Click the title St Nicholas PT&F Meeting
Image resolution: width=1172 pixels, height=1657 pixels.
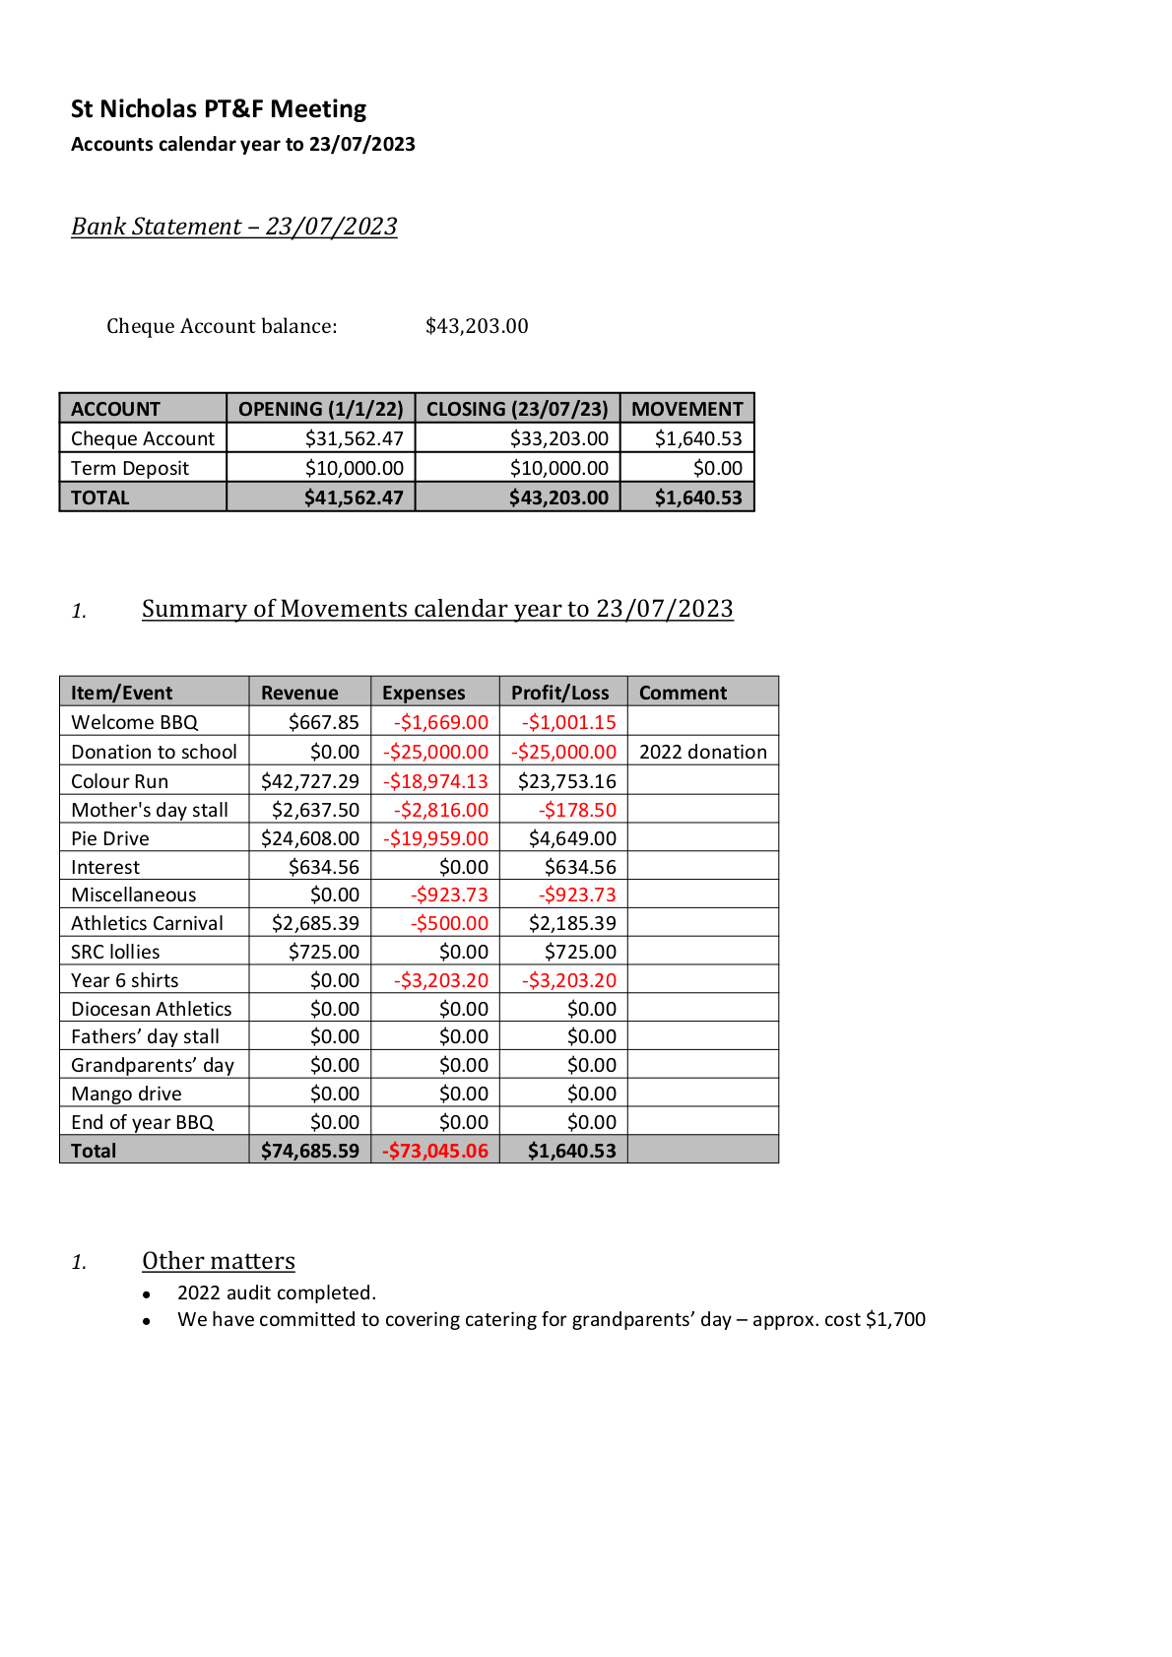tap(219, 108)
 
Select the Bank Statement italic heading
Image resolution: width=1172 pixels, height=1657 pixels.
tap(234, 227)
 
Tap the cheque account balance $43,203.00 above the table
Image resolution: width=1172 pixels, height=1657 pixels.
tap(477, 326)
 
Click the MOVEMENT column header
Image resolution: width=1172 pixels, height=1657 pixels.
tap(686, 409)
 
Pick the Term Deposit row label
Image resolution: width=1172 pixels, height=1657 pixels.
tap(130, 468)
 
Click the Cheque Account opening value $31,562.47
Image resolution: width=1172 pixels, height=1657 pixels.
tap(354, 438)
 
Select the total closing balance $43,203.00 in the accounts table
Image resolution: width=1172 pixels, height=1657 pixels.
tap(558, 497)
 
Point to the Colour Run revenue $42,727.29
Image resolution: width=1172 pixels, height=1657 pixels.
tap(310, 781)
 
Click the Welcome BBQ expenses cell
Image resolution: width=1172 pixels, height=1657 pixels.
tap(441, 722)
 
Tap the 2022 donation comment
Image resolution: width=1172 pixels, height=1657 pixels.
tap(702, 752)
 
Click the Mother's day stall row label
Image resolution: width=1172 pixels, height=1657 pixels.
tap(150, 810)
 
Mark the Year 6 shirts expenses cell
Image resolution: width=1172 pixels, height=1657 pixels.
tap(441, 980)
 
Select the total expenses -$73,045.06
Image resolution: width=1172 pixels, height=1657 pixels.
tap(435, 1151)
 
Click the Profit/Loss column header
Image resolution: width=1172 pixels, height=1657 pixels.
tap(559, 693)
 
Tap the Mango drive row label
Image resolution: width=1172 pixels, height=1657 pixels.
tap(126, 1094)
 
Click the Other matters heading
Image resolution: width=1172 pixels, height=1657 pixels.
tap(219, 1261)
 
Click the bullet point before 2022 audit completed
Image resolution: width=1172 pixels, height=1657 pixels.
tap(147, 1294)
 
